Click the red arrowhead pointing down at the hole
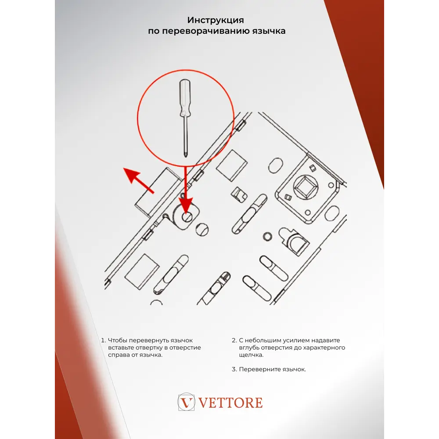(186, 205)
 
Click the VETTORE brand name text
(231, 403)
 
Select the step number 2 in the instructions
(234, 340)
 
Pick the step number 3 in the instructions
(234, 369)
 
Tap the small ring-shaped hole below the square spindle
(266, 237)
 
